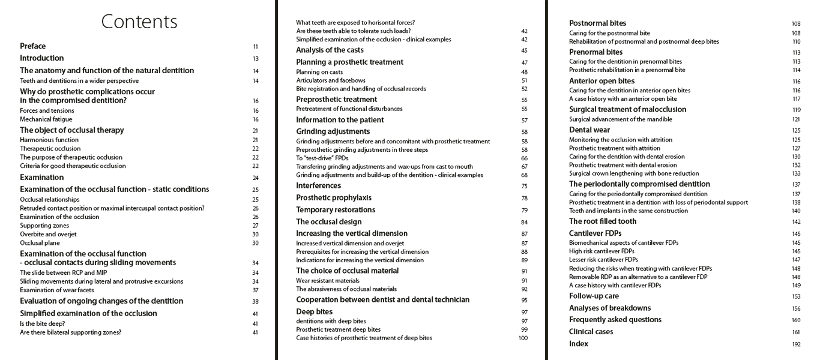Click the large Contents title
click(139, 22)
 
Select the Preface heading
click(33, 46)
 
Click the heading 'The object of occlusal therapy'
click(72, 130)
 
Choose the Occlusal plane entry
click(40, 243)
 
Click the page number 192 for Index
click(796, 344)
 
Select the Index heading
click(579, 344)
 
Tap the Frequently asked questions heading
click(615, 320)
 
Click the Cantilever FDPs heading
click(595, 233)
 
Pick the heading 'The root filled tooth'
click(603, 221)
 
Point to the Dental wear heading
click(589, 130)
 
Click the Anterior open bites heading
click(601, 81)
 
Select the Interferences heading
click(318, 186)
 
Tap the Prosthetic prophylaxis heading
click(334, 198)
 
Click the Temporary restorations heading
click(336, 210)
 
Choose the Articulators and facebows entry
click(331, 80)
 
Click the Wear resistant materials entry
click(328, 280)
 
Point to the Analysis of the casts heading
click(330, 50)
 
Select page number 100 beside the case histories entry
click(523, 338)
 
